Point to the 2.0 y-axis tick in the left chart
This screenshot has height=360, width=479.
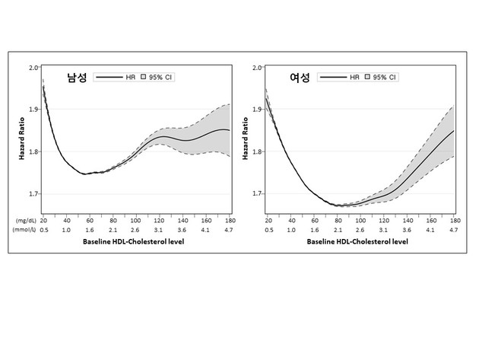click(x=33, y=68)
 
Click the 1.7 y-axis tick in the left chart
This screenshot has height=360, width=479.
click(x=33, y=194)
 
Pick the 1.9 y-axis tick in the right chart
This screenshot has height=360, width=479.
click(x=256, y=110)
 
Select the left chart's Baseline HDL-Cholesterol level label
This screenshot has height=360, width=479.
click(x=135, y=242)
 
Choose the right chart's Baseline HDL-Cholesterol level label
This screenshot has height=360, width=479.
click(x=360, y=242)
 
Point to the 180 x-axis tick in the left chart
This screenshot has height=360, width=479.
click(x=229, y=220)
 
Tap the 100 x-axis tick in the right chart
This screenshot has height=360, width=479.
click(x=360, y=220)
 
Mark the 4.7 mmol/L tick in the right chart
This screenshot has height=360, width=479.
click(x=454, y=229)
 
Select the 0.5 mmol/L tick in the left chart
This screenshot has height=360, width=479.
click(x=43, y=229)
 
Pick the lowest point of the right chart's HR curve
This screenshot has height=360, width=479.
click(x=338, y=205)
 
